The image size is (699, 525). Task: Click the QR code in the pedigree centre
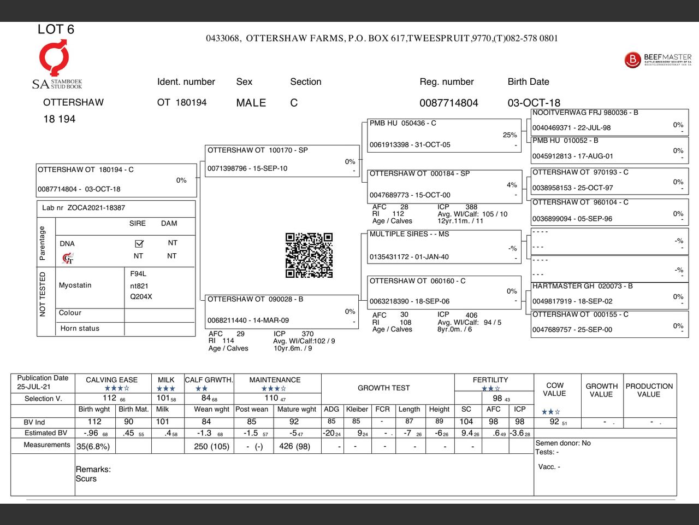click(x=309, y=255)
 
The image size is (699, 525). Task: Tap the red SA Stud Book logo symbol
click(x=54, y=57)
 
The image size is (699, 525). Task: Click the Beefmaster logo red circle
click(x=632, y=60)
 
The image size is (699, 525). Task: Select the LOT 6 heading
click(x=56, y=30)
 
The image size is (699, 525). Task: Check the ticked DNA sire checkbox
click(x=139, y=243)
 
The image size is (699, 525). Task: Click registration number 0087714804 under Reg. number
click(x=448, y=103)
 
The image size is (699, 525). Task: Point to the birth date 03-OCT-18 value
click(x=534, y=103)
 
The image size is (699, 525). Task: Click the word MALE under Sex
click(x=251, y=103)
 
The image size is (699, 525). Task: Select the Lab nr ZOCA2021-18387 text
click(x=84, y=208)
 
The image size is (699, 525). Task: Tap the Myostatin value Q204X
click(x=141, y=297)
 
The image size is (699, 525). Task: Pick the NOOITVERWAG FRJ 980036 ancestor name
click(x=585, y=113)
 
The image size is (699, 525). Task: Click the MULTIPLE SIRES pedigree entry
click(x=409, y=234)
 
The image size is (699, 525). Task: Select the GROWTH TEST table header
click(x=383, y=388)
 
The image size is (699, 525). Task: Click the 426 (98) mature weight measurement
click(x=294, y=446)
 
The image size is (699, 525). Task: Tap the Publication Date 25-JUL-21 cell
click(x=43, y=382)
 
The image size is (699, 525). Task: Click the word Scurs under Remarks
click(x=86, y=479)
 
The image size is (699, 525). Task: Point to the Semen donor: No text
click(x=563, y=444)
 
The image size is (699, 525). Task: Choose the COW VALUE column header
click(x=554, y=389)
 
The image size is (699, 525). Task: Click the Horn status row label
click(x=80, y=329)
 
